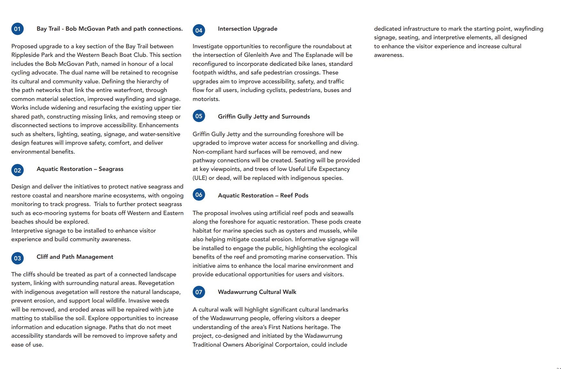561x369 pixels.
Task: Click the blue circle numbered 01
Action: (x=17, y=29)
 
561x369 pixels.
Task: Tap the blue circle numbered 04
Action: (x=199, y=30)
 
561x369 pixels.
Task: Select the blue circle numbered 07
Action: (x=199, y=292)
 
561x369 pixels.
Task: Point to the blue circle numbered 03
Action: (x=17, y=258)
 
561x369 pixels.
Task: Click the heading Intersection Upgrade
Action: (x=247, y=29)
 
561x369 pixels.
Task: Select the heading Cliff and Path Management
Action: (x=75, y=257)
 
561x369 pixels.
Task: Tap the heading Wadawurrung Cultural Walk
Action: (x=257, y=292)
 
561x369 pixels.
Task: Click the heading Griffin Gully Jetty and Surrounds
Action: (x=264, y=117)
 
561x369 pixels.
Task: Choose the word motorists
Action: (x=206, y=99)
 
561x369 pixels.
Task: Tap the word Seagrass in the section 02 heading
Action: (x=111, y=169)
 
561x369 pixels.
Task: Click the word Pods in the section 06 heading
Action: (x=301, y=196)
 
